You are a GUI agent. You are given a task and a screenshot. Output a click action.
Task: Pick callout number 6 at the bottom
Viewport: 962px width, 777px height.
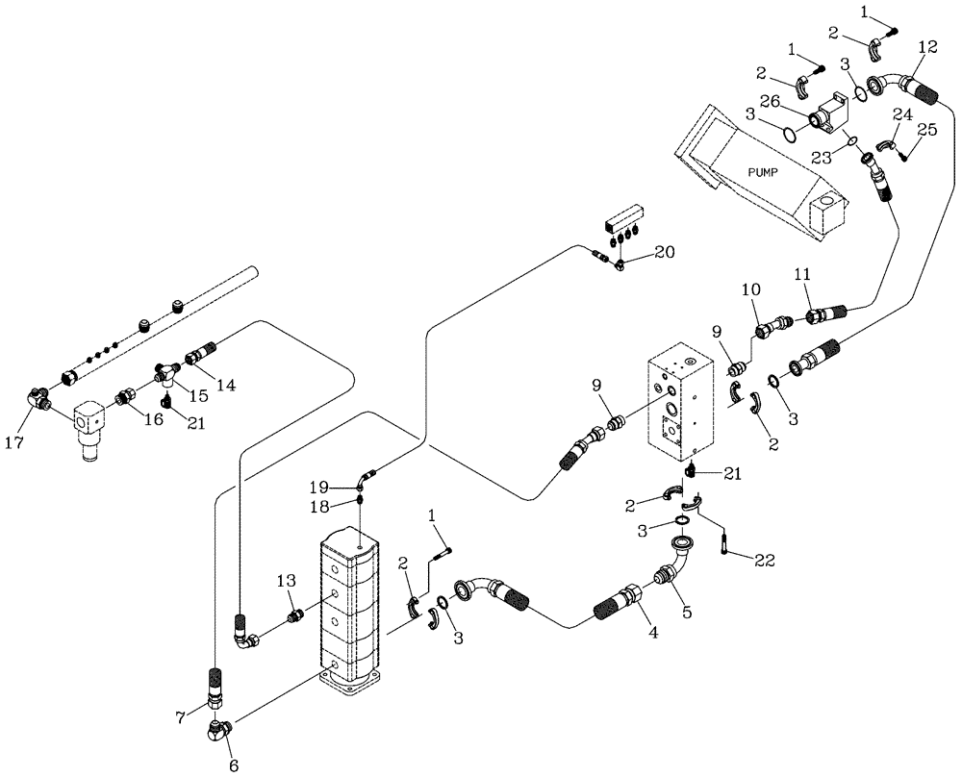(231, 766)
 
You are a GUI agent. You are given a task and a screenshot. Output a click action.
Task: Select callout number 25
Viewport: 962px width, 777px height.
(925, 129)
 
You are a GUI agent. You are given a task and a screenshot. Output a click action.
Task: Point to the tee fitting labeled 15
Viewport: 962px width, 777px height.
(168, 370)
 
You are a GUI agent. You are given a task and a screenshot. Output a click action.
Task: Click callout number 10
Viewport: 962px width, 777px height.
(749, 288)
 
